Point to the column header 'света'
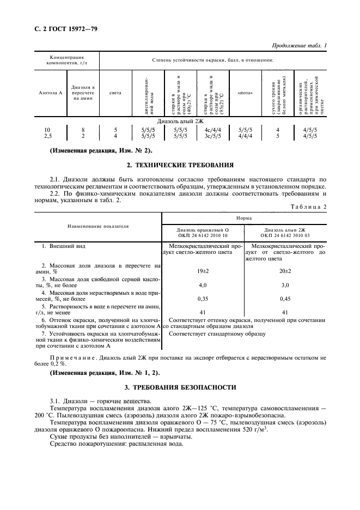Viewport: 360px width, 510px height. pyautogui.click(x=115, y=93)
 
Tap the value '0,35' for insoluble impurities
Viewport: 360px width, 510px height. pyautogui.click(x=203, y=299)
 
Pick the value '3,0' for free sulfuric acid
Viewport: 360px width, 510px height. pyautogui.click(x=285, y=284)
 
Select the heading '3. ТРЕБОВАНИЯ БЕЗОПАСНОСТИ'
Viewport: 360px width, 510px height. pyautogui.click(x=180, y=387)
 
